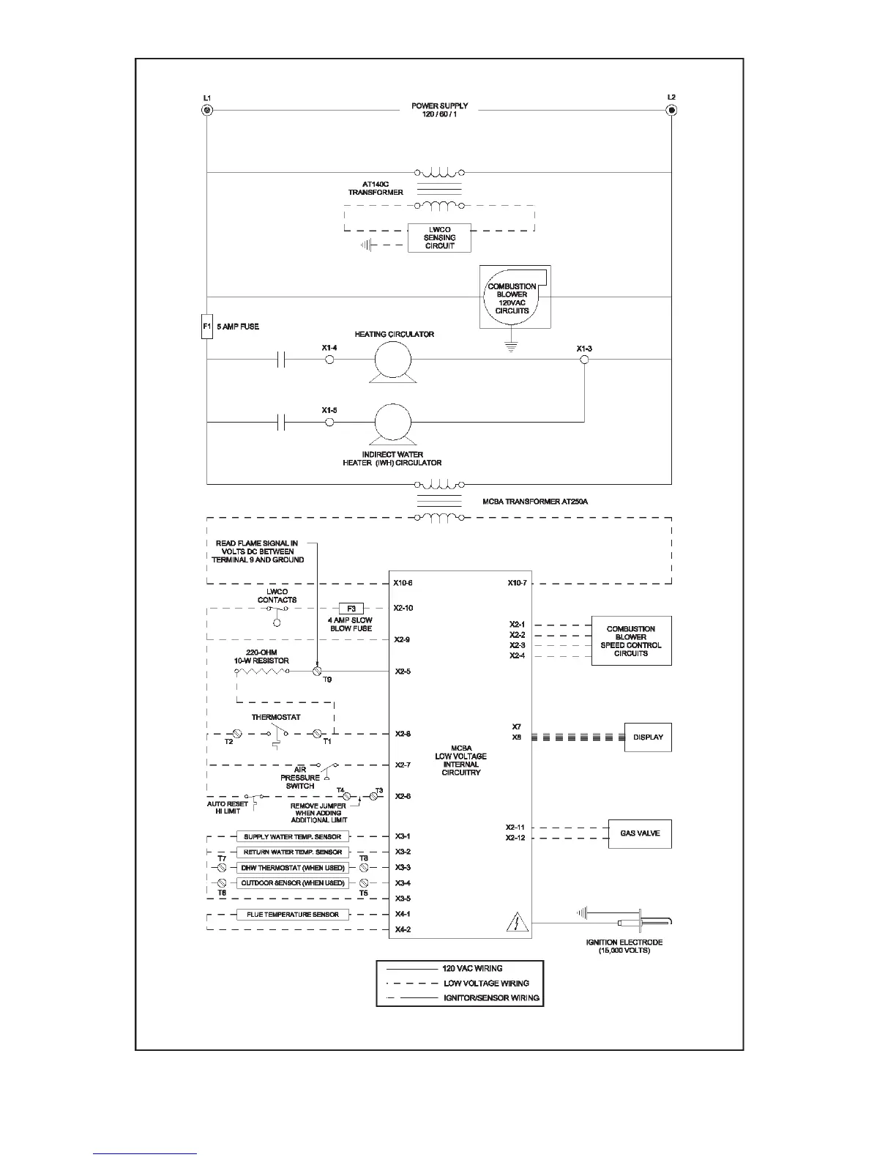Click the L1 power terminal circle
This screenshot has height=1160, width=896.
(207, 111)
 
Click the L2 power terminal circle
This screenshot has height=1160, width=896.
(672, 111)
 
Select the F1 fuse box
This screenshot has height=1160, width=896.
(206, 327)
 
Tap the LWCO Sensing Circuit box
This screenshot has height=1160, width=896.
(439, 238)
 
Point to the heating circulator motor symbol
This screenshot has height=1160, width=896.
(393, 360)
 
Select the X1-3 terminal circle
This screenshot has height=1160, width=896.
(584, 360)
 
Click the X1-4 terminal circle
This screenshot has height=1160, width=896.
(329, 360)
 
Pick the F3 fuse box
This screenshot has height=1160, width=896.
(351, 609)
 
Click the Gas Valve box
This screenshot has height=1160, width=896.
(640, 833)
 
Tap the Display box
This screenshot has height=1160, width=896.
(648, 737)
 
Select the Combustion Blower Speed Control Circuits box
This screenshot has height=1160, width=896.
(631, 641)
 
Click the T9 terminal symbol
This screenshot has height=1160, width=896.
(318, 672)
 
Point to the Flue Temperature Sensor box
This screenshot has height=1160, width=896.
(293, 914)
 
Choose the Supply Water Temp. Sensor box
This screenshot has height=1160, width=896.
(293, 836)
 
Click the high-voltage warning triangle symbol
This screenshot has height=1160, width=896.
(517, 923)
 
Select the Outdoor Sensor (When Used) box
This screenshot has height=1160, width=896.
(293, 883)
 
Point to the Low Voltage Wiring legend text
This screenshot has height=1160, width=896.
(486, 984)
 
